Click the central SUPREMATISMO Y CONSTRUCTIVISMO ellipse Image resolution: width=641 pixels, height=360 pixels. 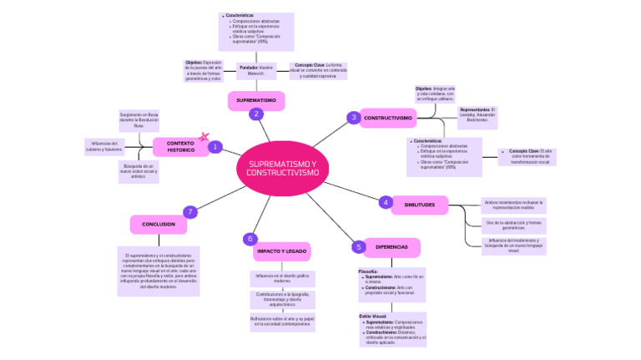point(282,167)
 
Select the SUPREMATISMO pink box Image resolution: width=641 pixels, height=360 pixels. point(255,100)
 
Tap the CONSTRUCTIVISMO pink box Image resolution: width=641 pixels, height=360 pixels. point(388,119)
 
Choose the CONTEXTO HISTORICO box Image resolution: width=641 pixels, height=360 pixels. point(180,147)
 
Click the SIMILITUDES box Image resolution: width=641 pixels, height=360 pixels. point(419,205)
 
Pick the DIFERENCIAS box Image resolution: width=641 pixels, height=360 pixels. point(391,247)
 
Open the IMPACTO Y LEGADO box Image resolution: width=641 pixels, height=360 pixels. point(281,251)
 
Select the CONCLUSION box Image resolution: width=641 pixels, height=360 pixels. point(159,224)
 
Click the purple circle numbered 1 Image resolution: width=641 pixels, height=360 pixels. point(215,147)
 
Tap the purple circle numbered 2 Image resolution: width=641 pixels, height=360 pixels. point(255,114)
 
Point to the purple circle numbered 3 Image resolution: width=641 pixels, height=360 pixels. point(354,118)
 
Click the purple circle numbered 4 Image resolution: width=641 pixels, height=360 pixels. point(386,202)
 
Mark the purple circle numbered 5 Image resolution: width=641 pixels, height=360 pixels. point(358,246)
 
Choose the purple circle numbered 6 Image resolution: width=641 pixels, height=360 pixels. point(250,239)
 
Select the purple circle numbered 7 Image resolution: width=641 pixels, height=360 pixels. point(190,211)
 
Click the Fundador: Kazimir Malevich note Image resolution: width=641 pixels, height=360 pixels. point(255,70)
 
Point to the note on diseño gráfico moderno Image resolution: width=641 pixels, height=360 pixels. point(281,277)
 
